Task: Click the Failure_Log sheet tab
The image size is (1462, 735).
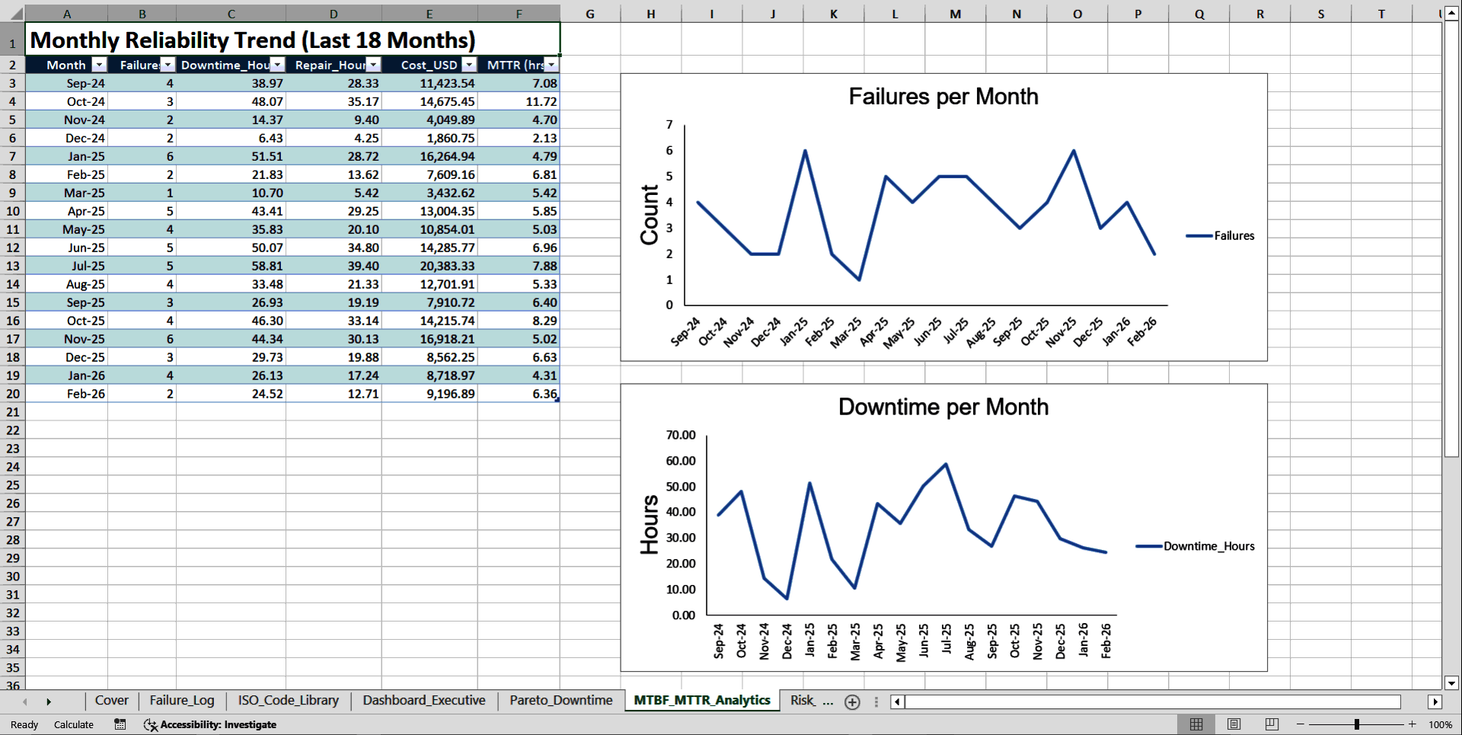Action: click(x=181, y=700)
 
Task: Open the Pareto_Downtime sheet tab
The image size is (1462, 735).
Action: click(x=560, y=700)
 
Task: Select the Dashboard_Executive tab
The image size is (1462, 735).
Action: click(x=423, y=700)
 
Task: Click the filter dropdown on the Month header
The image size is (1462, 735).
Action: click(x=98, y=65)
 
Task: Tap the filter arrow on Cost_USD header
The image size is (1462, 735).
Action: click(x=469, y=65)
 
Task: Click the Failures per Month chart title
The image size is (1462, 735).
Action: click(x=943, y=97)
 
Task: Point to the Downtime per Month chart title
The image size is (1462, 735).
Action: click(x=943, y=407)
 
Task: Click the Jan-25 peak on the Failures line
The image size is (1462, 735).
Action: click(x=805, y=151)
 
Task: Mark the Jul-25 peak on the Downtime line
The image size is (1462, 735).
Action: click(x=946, y=464)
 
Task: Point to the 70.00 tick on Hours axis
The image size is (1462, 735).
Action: click(x=681, y=435)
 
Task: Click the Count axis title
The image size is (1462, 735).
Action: click(x=650, y=215)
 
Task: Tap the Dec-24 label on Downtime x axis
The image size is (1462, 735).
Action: click(x=787, y=641)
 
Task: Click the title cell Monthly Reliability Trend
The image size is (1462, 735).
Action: click(x=253, y=40)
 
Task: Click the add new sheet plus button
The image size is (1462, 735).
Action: click(x=852, y=701)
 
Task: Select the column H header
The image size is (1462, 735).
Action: click(x=650, y=14)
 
